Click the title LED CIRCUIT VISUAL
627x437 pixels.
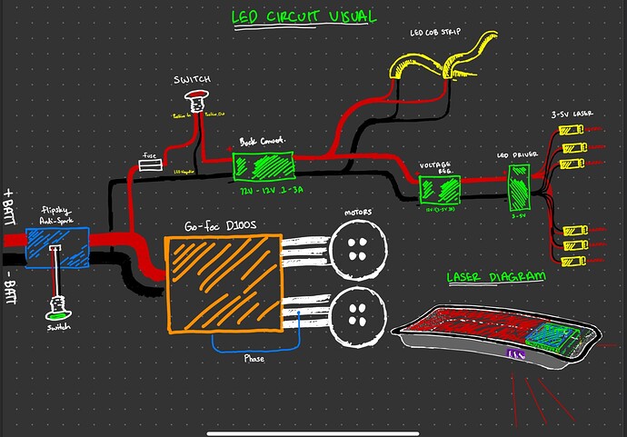(x=304, y=16)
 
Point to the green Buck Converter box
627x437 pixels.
(x=264, y=167)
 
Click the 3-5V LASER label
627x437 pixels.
(x=572, y=114)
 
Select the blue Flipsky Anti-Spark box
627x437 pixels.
(x=55, y=247)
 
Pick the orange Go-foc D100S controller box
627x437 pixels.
(x=224, y=283)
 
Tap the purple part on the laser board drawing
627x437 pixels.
(x=517, y=355)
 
